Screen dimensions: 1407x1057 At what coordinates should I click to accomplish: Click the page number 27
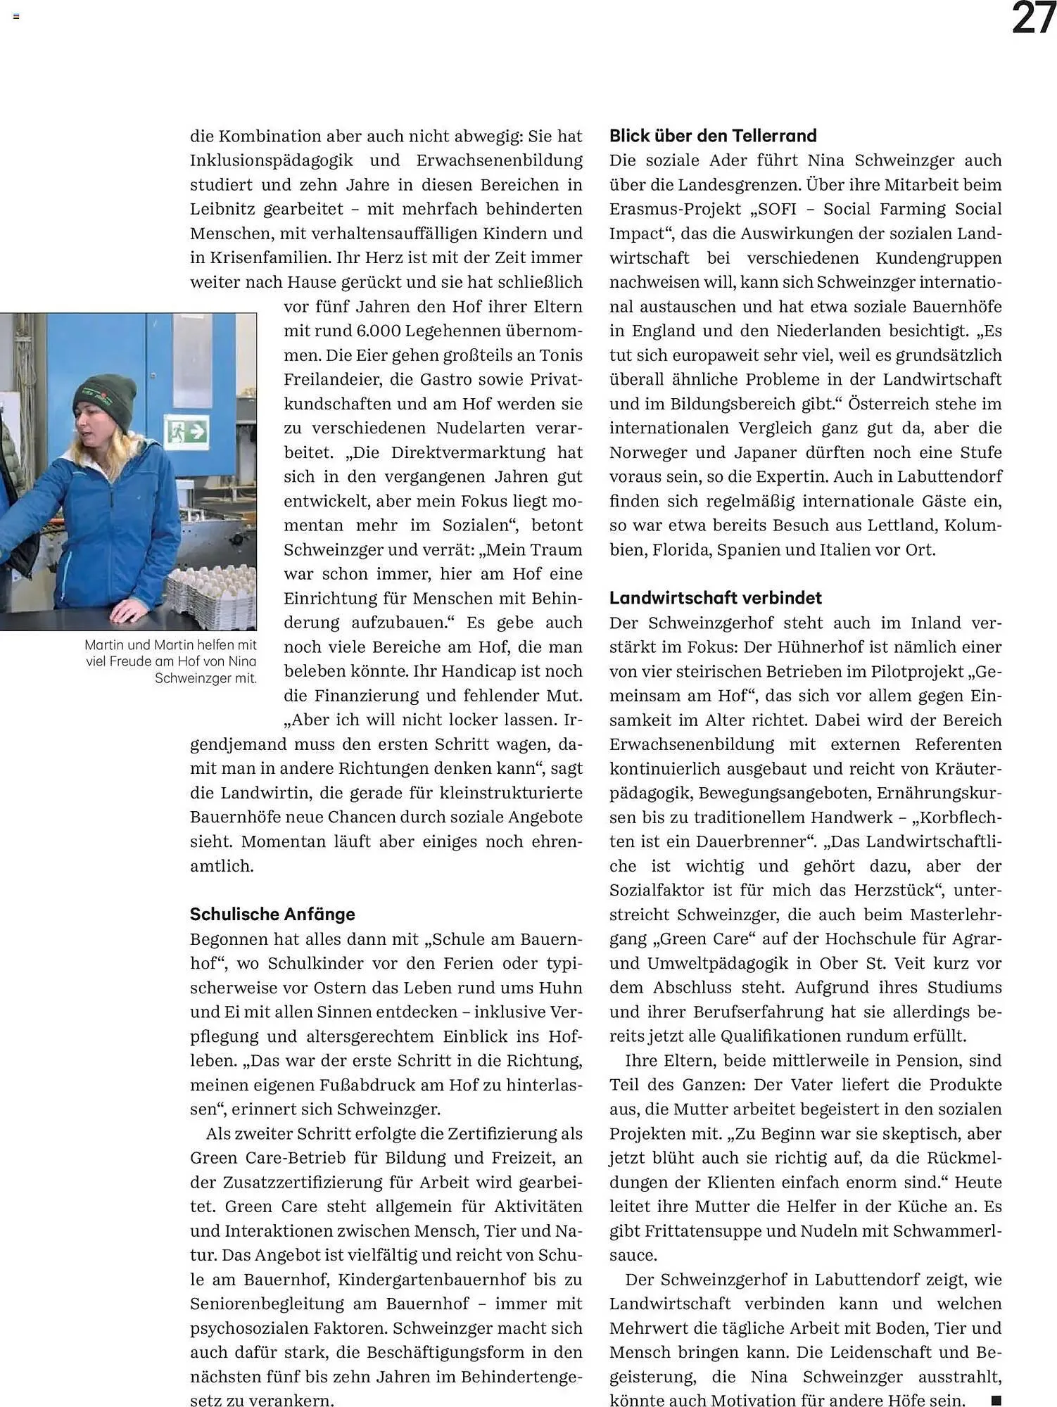[1033, 18]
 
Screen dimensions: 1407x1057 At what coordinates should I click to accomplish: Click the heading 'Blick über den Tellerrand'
[712, 136]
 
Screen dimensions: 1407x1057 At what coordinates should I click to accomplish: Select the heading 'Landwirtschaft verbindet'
[715, 598]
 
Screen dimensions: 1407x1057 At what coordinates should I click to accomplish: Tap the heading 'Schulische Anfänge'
[272, 914]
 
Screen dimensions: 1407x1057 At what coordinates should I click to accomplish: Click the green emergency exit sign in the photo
[187, 430]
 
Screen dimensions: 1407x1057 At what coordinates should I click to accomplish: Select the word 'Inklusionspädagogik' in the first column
[271, 160]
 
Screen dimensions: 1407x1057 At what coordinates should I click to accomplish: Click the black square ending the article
[995, 1400]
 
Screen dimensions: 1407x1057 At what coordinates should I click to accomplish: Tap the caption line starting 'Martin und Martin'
[170, 644]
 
